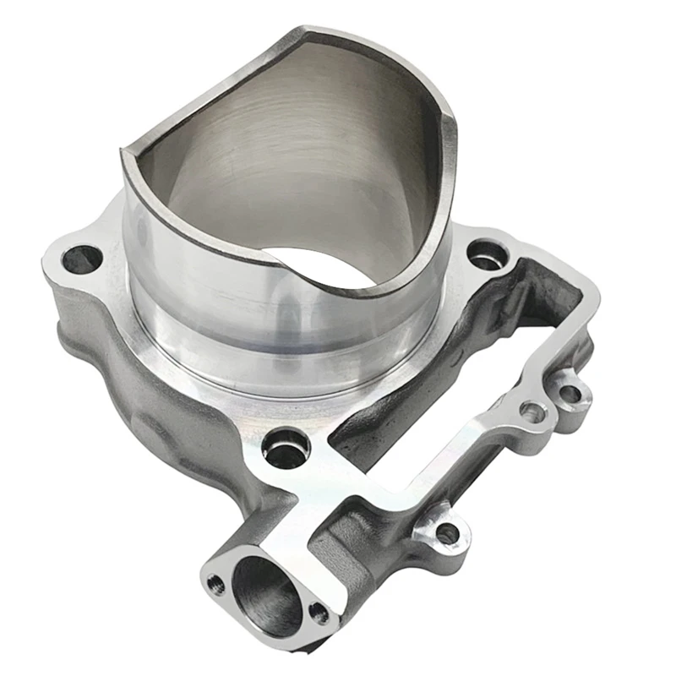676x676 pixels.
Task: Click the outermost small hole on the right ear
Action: pyautogui.click(x=571, y=393)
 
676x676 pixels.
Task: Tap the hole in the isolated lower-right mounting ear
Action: pyautogui.click(x=449, y=532)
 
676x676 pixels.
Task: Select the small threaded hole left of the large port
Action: pyautogui.click(x=216, y=582)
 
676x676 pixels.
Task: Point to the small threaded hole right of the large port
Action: pyautogui.click(x=318, y=612)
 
